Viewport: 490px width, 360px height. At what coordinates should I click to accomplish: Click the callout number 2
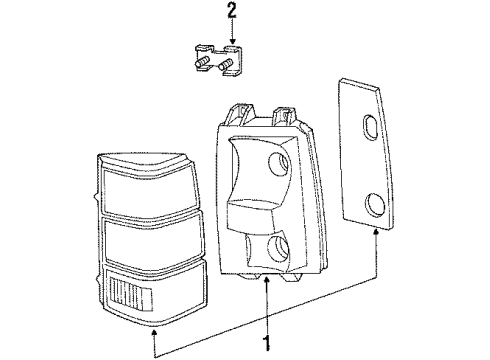232,12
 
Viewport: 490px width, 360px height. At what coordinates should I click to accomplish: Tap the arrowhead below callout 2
232,41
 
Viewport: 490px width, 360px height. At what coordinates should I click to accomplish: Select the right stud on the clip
228,69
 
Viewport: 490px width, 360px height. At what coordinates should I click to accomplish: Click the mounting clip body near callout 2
216,55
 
